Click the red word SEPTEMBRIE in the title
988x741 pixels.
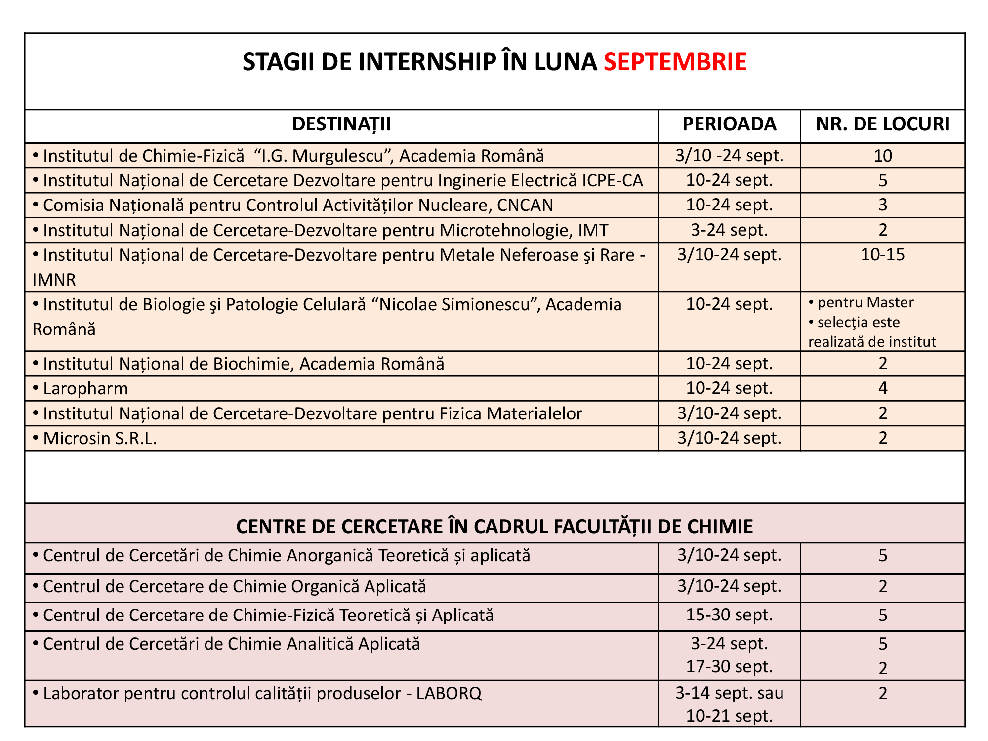point(675,62)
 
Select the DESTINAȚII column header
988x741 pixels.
point(341,124)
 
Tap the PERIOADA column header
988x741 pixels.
point(729,124)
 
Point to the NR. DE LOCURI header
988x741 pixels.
point(883,124)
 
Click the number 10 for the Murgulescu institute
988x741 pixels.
point(883,156)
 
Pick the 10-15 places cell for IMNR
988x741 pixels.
point(883,255)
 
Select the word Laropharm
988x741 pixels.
point(85,389)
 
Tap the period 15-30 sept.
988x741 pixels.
point(729,615)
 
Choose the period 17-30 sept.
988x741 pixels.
point(729,667)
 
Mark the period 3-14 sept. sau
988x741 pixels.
point(729,693)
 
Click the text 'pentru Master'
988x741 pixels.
point(865,302)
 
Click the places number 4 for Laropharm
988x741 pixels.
point(883,388)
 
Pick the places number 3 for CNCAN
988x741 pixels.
point(883,206)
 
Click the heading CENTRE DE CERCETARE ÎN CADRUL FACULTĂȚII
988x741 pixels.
point(494,527)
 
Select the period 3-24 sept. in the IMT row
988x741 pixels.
point(729,230)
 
